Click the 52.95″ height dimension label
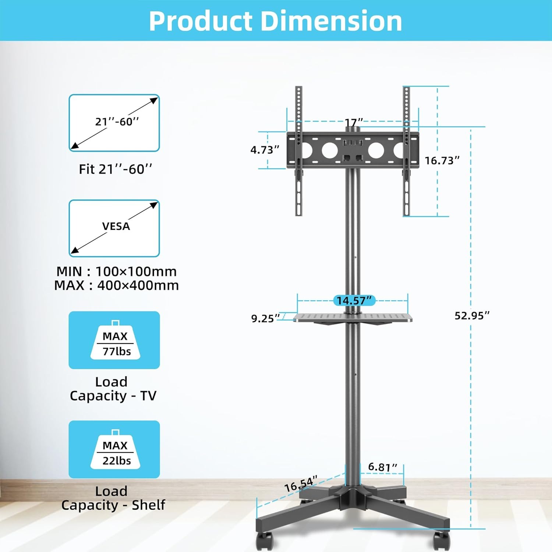[472, 316]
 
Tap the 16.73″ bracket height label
[442, 160]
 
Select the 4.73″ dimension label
[265, 150]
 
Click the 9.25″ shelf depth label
[265, 318]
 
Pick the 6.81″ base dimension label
[383, 467]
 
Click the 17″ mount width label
[354, 122]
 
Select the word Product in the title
[201, 21]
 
